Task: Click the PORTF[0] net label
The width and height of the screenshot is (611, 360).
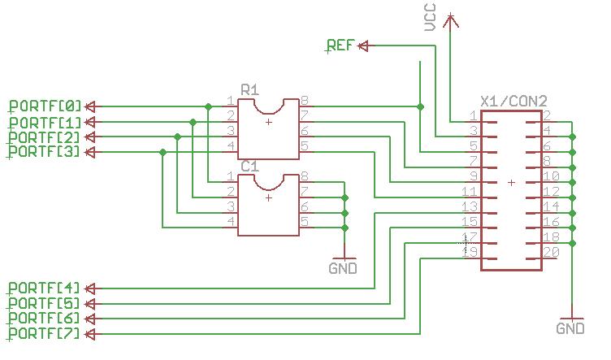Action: tap(45, 106)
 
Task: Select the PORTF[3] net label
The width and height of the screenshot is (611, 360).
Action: tap(45, 151)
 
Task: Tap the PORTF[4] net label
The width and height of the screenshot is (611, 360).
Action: tap(45, 288)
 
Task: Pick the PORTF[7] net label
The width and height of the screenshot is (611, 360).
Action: tap(45, 334)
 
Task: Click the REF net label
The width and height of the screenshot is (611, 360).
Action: tap(340, 46)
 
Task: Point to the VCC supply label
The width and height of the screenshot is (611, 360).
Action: tap(431, 17)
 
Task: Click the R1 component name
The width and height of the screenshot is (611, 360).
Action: tap(249, 89)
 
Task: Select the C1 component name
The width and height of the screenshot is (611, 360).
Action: tap(249, 166)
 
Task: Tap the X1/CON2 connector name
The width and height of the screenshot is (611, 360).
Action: tap(513, 101)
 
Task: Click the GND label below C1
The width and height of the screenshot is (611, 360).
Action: tap(343, 268)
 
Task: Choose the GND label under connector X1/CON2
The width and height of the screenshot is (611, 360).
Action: tap(570, 328)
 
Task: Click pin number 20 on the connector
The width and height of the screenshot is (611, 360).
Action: tap(551, 253)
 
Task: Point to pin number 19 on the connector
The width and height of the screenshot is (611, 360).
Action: tap(470, 253)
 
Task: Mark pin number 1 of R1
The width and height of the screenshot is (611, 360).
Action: tap(231, 101)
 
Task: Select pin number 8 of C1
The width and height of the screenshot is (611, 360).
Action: tap(305, 176)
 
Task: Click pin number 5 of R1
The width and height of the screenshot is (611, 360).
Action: tap(305, 146)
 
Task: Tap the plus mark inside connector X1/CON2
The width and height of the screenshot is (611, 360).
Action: tap(511, 183)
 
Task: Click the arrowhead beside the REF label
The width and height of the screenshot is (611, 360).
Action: tap(362, 46)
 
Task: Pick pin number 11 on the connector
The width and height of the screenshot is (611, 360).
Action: tap(470, 192)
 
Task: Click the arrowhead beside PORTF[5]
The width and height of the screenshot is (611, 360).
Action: tap(90, 303)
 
